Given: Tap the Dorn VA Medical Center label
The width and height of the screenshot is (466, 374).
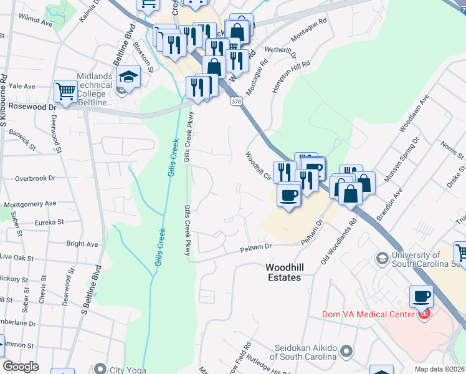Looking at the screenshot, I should point(368,314).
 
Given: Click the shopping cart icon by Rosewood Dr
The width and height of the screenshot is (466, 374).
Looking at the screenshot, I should point(65,92).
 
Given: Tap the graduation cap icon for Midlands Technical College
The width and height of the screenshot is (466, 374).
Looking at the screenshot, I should point(129,77).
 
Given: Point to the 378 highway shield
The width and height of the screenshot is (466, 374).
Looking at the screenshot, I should point(235,101).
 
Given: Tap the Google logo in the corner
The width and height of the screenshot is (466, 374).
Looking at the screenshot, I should point(21,367).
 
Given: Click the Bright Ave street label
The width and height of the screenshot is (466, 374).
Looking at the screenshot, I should point(82,244).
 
